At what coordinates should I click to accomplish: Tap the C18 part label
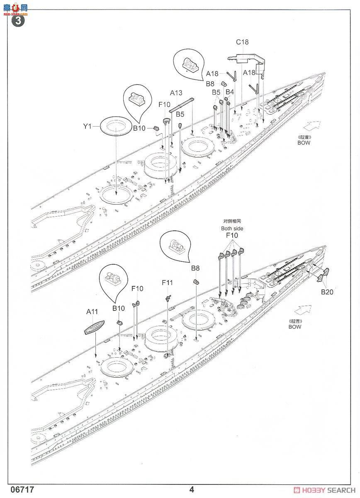pos(242,42)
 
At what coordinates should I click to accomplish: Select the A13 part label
pos(176,93)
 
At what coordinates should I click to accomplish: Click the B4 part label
pos(230,92)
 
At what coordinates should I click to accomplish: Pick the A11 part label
pos(92,311)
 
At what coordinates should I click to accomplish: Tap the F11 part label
pos(168,283)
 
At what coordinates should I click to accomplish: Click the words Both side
pos(232,228)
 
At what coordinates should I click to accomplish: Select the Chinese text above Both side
pos(232,222)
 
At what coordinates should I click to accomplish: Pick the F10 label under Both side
pos(232,236)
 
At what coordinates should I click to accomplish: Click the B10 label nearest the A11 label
pos(118,308)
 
